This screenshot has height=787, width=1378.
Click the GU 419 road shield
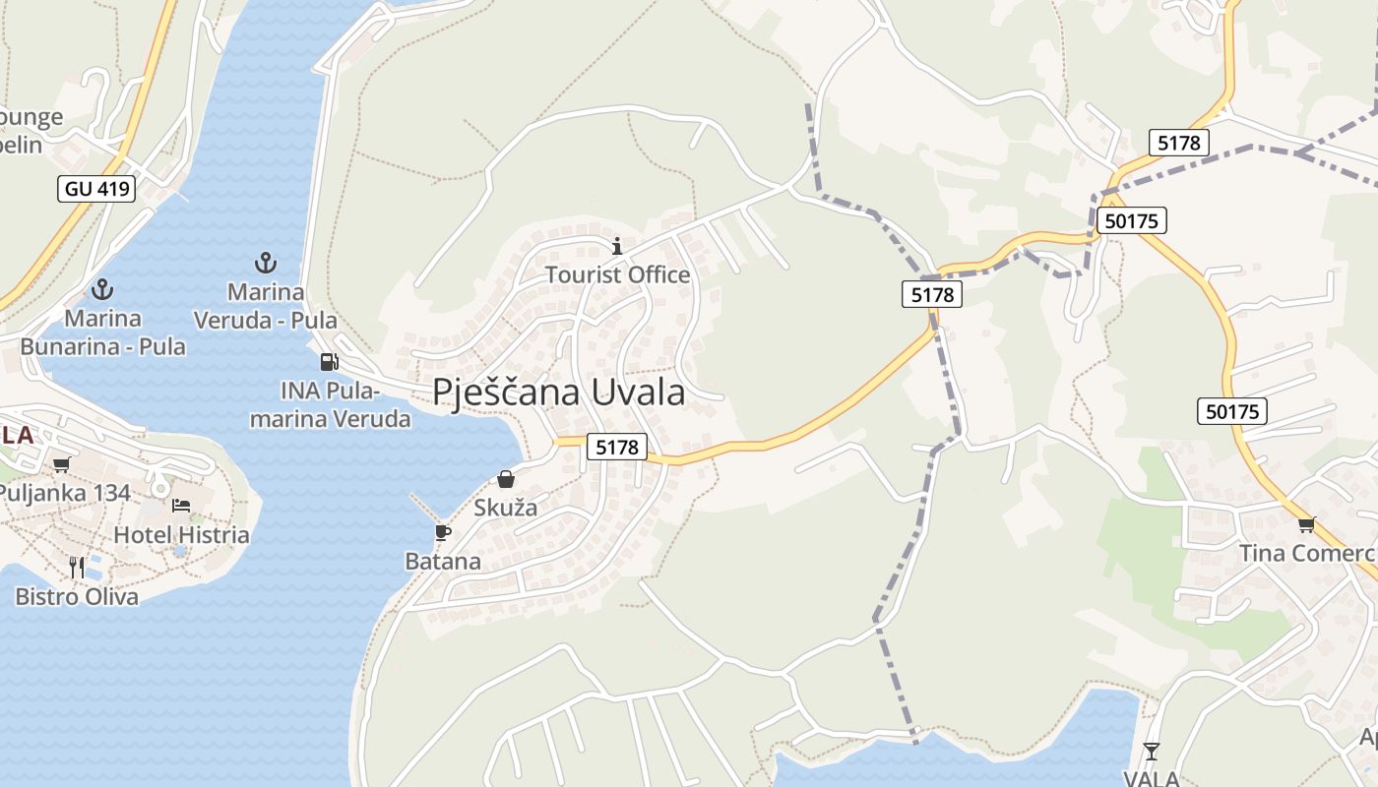click(x=96, y=188)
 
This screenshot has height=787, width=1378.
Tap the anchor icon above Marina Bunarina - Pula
click(x=102, y=289)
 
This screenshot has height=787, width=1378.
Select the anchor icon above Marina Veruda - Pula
click(x=265, y=262)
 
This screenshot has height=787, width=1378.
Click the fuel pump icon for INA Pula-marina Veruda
click(x=329, y=361)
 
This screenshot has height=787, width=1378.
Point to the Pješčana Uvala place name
click(x=558, y=392)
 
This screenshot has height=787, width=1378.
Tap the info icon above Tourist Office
click(x=617, y=245)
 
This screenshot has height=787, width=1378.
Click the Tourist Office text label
click(x=617, y=274)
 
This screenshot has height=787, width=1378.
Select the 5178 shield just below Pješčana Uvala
click(x=617, y=447)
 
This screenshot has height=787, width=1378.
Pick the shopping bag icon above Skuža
click(x=506, y=479)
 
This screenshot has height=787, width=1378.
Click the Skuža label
click(x=506, y=508)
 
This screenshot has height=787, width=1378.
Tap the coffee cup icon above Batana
click(x=443, y=532)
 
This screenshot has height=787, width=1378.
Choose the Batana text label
click(x=443, y=562)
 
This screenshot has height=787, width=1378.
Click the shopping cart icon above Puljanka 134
click(x=62, y=464)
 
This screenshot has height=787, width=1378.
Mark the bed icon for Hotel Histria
click(x=181, y=506)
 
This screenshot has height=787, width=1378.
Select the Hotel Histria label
click(x=181, y=535)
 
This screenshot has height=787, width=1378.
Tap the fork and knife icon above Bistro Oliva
click(x=77, y=567)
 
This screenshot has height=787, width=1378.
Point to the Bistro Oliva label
click(x=77, y=596)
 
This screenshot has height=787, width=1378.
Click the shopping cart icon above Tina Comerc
click(x=1306, y=523)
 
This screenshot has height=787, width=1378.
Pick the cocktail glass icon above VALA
click(x=1151, y=752)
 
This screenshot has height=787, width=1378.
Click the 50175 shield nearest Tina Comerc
click(x=1231, y=411)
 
